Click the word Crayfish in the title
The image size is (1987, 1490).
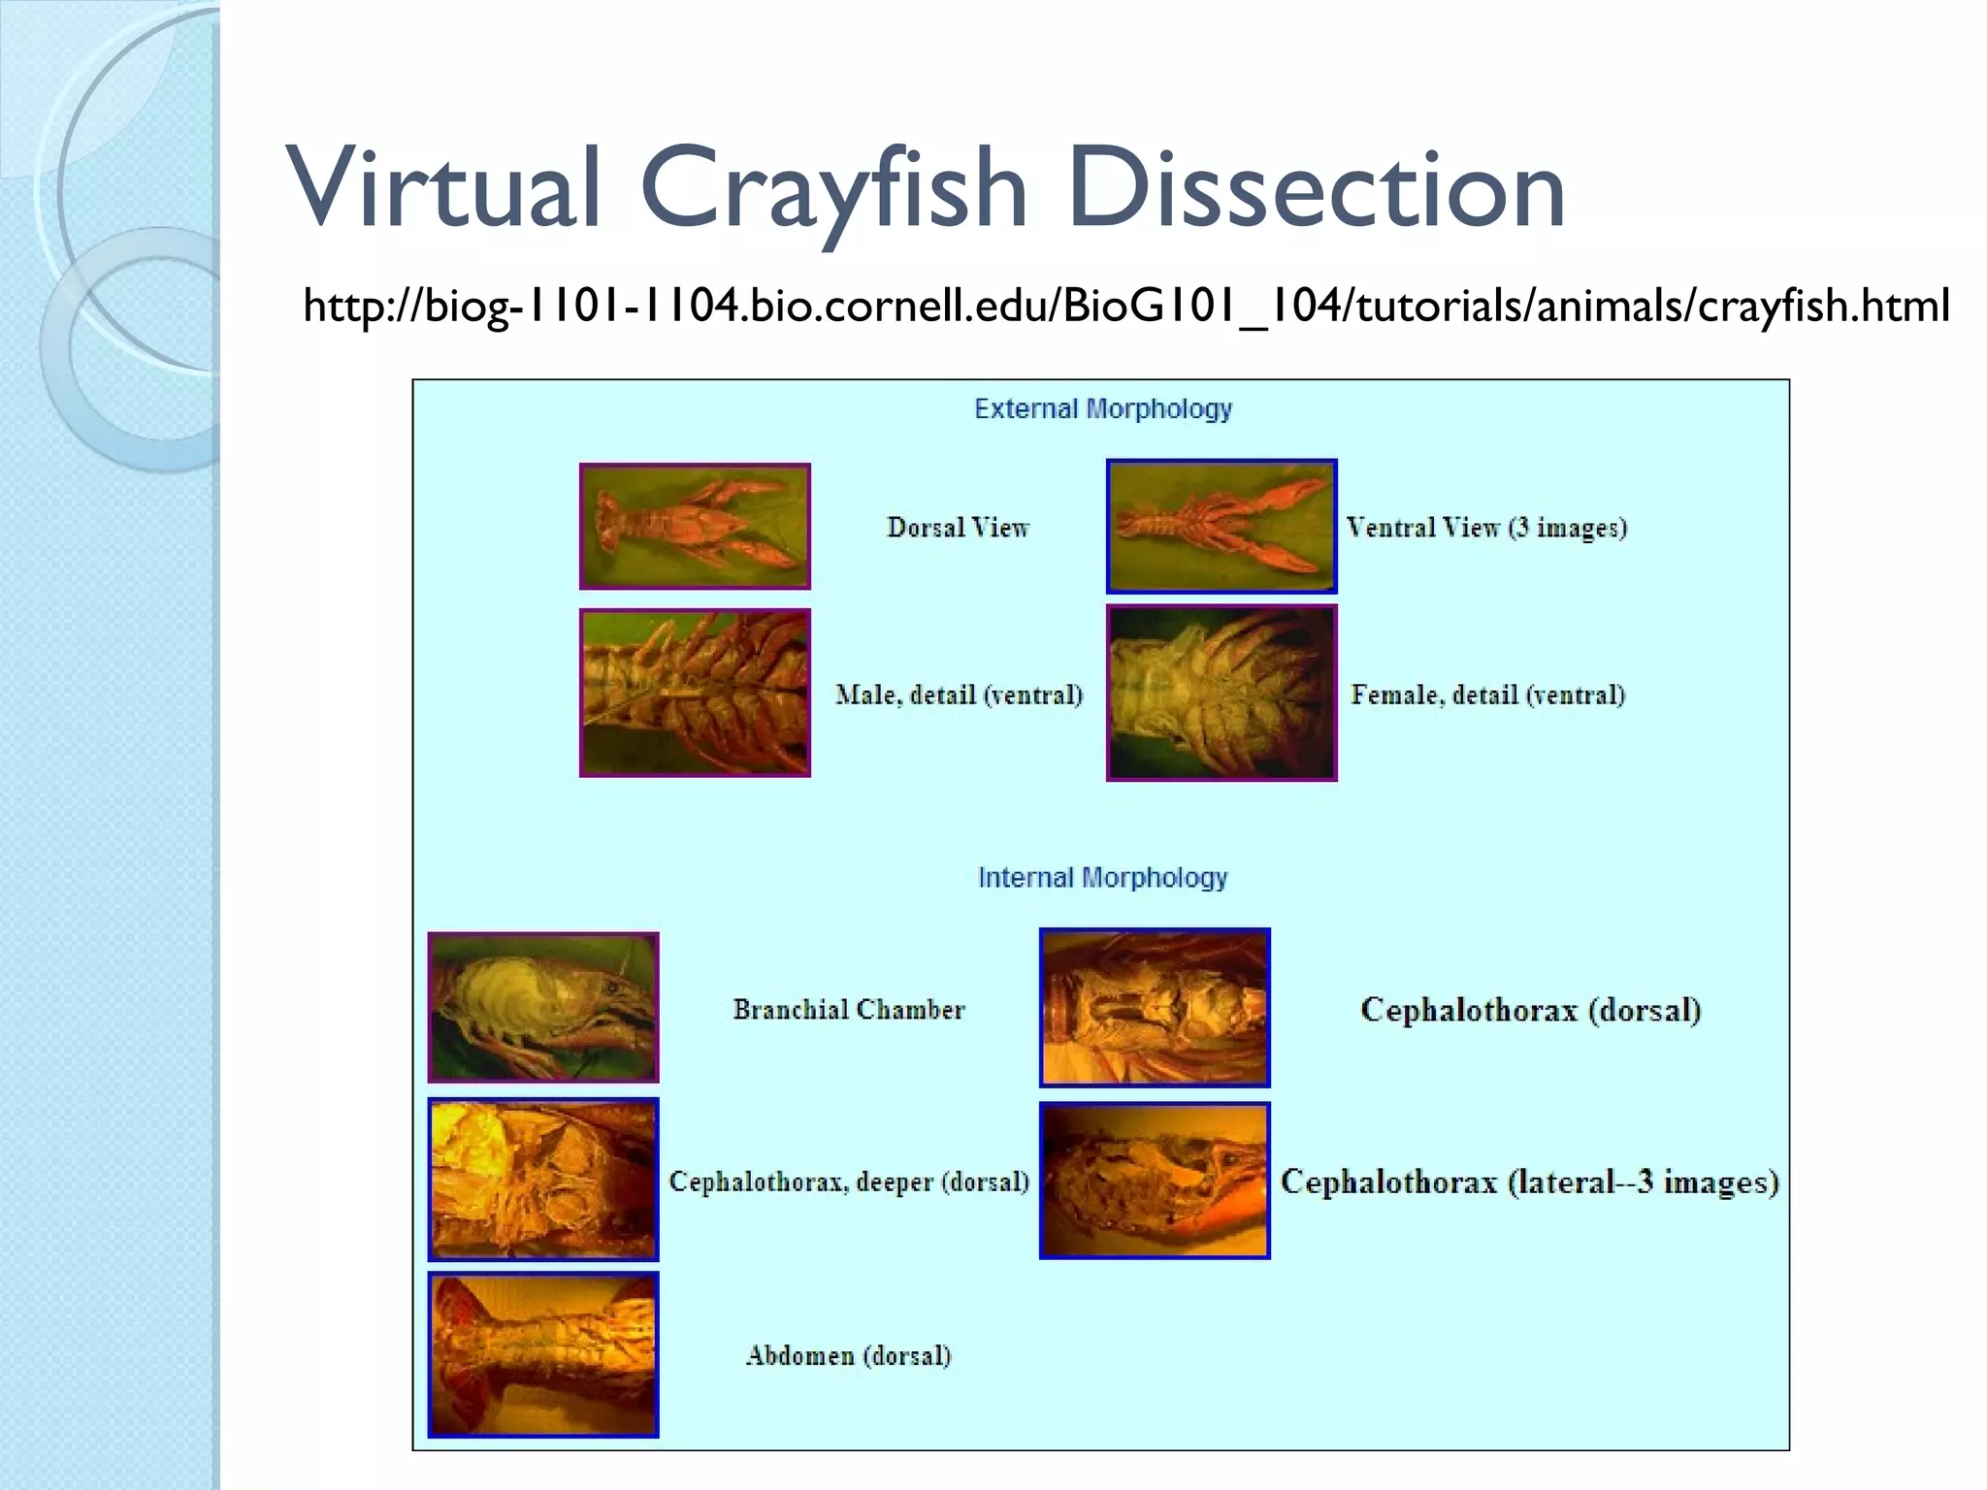coord(832,189)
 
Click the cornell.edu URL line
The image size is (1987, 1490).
coord(1125,307)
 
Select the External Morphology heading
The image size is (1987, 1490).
coord(1103,409)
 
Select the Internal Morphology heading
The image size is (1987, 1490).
coord(1102,878)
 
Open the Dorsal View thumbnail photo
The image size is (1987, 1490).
coord(695,527)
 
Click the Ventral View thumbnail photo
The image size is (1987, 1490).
coord(1222,527)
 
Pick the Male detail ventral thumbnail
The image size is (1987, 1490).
coord(695,693)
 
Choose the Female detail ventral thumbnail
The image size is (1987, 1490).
coord(1222,693)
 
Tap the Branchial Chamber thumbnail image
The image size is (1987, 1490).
coord(543,1008)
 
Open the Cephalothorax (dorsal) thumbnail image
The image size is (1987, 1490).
coord(1155,1008)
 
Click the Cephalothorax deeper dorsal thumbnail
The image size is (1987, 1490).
coord(543,1180)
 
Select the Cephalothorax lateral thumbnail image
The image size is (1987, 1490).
coord(1155,1181)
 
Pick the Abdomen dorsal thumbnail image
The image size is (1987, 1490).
coord(543,1354)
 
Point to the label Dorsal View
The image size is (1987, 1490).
coord(958,528)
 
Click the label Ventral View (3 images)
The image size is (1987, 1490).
coord(1486,528)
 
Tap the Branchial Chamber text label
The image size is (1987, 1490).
coord(849,1010)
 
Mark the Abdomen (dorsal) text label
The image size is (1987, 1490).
coord(849,1355)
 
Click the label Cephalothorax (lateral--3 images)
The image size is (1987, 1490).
coord(1530,1182)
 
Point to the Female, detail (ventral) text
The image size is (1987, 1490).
coord(1487,695)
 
